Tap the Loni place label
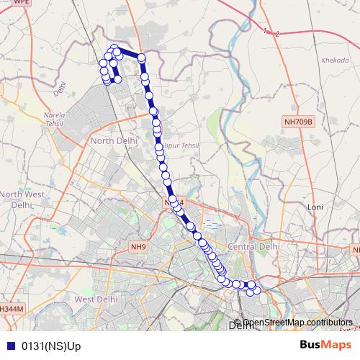coord(315,207)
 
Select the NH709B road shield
coord(299,122)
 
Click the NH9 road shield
coord(138,247)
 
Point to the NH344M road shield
coord(12,308)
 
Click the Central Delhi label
coord(251,247)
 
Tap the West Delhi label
coord(95,299)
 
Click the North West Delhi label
coord(22,199)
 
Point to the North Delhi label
coord(112,141)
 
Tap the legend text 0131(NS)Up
coord(52,346)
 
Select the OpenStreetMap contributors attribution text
coord(297,322)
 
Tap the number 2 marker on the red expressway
coord(276,33)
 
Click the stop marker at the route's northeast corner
coord(142,58)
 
